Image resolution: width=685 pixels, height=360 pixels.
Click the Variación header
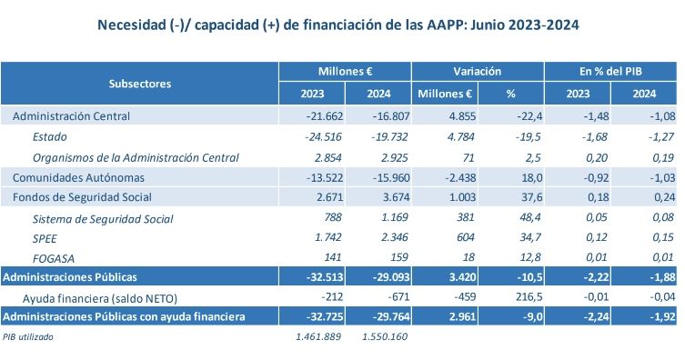[x=478, y=71]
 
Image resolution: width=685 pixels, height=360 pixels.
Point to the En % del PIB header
[x=610, y=71]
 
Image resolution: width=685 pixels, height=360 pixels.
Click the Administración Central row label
[x=72, y=116]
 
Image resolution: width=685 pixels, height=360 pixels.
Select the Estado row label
[x=50, y=136]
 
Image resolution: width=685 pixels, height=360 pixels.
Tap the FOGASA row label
[x=54, y=258]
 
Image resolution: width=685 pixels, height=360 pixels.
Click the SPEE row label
[x=45, y=238]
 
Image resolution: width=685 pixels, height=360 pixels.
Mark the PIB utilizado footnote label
[x=28, y=337]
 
